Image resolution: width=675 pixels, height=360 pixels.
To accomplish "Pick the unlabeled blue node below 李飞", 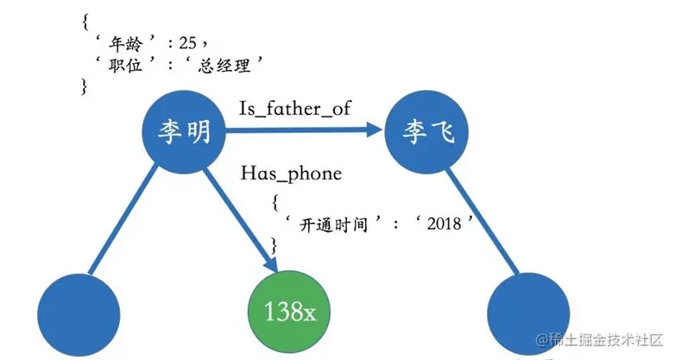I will click(529, 313).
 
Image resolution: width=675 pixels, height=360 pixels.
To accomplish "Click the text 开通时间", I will click(334, 224).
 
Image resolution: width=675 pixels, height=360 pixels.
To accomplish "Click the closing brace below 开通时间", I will click(275, 245).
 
